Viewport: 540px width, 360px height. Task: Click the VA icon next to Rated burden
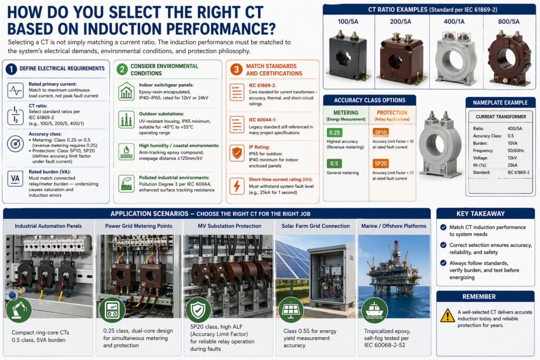pyautogui.click(x=15, y=179)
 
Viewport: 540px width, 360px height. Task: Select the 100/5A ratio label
pyautogui.click(x=348, y=22)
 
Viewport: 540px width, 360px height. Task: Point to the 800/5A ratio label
pyautogui.click(x=508, y=22)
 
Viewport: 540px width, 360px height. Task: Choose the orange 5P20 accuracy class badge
pyautogui.click(x=381, y=163)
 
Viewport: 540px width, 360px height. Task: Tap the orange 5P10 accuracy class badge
pyautogui.click(x=381, y=132)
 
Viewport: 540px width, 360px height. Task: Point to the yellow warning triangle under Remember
pyautogui.click(x=447, y=315)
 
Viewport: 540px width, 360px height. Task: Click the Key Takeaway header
pyautogui.click(x=486, y=213)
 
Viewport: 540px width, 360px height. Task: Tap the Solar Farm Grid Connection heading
pyautogui.click(x=315, y=226)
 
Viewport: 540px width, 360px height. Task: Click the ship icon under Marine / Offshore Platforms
pyautogui.click(x=374, y=310)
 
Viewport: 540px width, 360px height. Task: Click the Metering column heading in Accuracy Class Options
pyautogui.click(x=346, y=112)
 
